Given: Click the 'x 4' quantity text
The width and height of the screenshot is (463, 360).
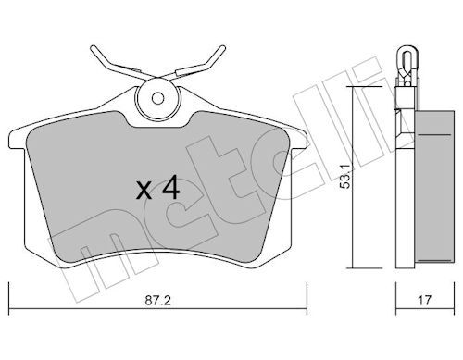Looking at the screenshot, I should click(x=157, y=190).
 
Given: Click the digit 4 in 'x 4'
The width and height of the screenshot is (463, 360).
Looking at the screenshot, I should click(x=170, y=190).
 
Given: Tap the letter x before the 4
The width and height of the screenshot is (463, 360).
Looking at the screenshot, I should click(x=144, y=192).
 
